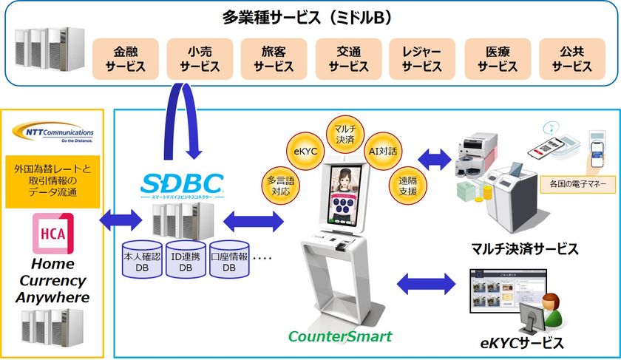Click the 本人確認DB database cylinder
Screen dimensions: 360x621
click(141, 259)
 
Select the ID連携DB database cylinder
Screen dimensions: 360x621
click(185, 259)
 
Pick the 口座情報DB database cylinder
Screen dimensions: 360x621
click(229, 259)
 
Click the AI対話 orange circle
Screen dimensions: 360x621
click(382, 151)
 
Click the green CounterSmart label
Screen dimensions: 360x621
click(339, 337)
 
